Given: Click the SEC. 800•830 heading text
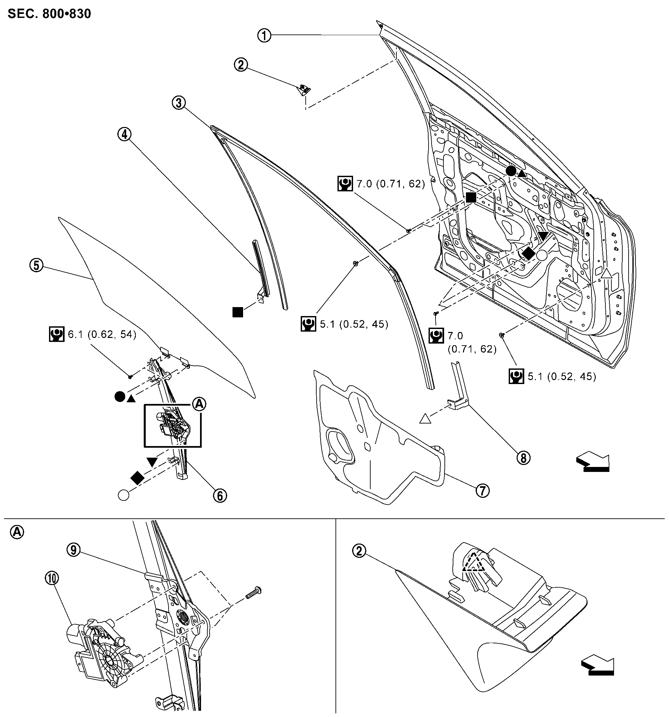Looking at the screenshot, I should click(x=49, y=14).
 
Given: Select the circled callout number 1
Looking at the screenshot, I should click(x=264, y=35).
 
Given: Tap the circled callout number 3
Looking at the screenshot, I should click(x=179, y=103).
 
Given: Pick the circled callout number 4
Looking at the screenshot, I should click(x=124, y=134).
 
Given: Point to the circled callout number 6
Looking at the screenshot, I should click(x=220, y=496).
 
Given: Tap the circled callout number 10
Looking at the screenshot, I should click(x=52, y=578).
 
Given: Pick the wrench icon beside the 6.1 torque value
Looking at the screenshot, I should click(x=56, y=334).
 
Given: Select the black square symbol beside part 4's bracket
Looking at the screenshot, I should click(x=238, y=312).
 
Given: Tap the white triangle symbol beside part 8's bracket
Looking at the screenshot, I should click(x=426, y=419).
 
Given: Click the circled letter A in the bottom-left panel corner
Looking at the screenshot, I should click(x=17, y=532).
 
